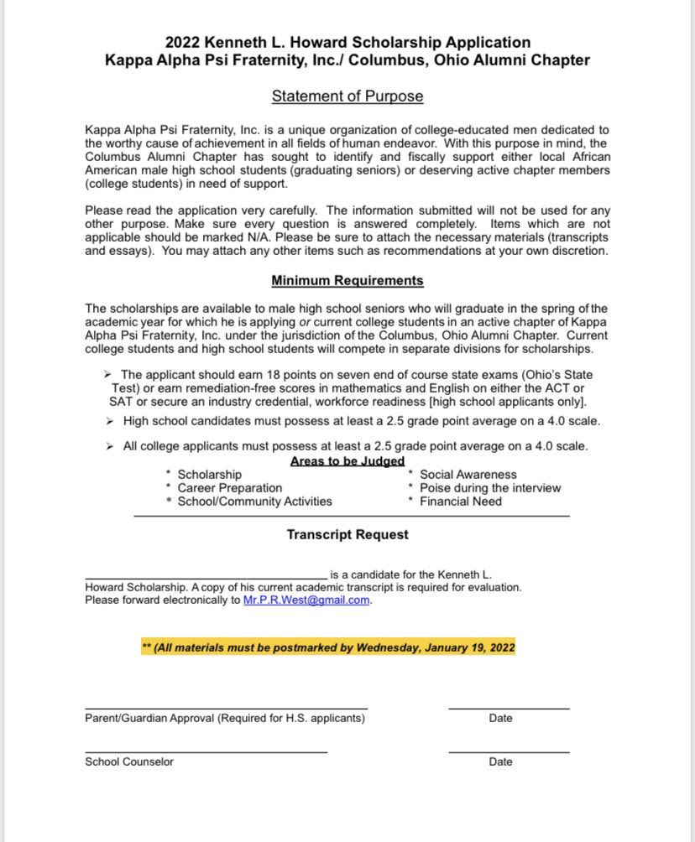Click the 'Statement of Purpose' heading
click(347, 96)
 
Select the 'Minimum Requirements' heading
click(347, 280)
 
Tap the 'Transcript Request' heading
click(347, 534)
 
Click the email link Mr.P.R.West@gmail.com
click(306, 600)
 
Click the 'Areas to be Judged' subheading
click(347, 461)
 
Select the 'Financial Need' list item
click(461, 502)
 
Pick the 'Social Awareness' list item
click(468, 475)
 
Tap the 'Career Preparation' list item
click(229, 488)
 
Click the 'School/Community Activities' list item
click(254, 502)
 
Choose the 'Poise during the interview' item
click(490, 488)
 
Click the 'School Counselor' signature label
click(129, 761)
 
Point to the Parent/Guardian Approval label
click(224, 718)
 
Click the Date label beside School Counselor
click(500, 761)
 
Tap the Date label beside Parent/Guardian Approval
click(500, 718)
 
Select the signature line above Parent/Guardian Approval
click(226, 709)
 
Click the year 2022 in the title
click(182, 42)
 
